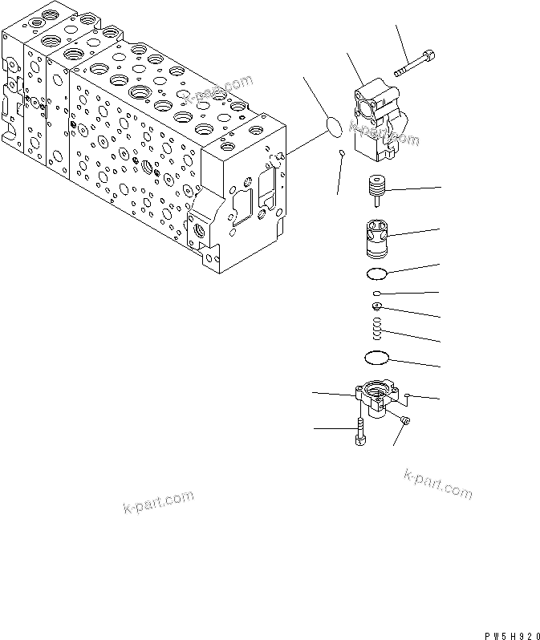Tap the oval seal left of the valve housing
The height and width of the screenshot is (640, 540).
click(333, 127)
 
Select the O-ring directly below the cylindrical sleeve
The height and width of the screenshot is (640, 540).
click(376, 273)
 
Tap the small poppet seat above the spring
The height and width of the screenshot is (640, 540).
click(377, 306)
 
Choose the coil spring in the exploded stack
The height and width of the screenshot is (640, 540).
click(377, 327)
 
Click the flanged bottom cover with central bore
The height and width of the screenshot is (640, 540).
click(376, 398)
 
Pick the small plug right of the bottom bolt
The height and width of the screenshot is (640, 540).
click(405, 420)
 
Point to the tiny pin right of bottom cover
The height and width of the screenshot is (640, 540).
click(408, 395)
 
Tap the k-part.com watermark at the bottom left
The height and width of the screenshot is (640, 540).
click(159, 502)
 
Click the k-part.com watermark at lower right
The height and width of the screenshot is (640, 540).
click(438, 484)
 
